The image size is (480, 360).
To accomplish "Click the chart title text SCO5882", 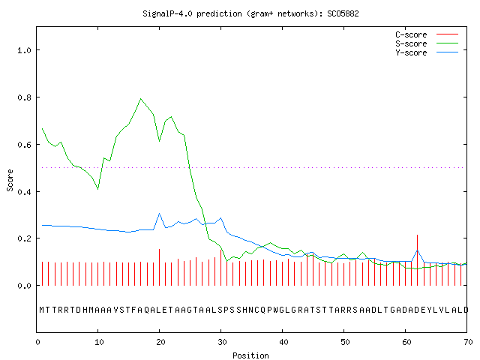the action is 343,13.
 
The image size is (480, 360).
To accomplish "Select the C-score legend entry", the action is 427,34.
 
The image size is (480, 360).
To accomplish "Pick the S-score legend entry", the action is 427,43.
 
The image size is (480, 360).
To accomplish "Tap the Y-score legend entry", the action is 427,52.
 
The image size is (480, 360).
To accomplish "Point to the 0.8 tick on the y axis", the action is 25,97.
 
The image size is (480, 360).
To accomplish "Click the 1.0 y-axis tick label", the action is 25,50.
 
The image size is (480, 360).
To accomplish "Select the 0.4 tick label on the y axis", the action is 25,192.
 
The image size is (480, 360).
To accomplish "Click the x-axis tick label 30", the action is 222,342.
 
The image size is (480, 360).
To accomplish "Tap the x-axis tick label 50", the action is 345,342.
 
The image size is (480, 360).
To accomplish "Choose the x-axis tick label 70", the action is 468,342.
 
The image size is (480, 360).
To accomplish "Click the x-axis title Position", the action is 250,355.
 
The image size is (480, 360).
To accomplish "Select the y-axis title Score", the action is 10,180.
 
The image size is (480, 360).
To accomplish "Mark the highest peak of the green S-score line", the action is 140,98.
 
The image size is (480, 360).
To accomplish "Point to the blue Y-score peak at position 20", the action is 159,213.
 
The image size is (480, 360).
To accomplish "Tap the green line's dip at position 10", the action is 98,189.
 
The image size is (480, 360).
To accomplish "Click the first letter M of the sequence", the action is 42,310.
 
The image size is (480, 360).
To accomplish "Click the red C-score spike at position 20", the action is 159,267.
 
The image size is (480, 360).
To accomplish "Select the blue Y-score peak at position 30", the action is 220,218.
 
